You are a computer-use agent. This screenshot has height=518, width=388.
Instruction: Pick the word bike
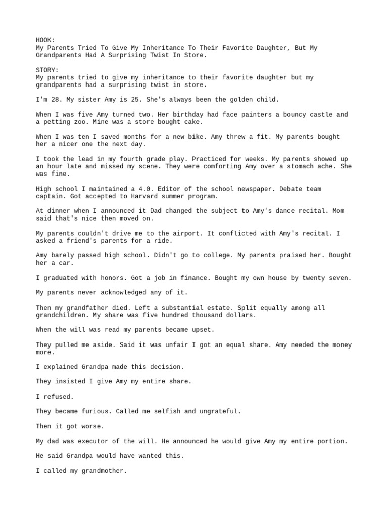coord(188,137)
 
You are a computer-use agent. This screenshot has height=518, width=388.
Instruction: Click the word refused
coord(57,397)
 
